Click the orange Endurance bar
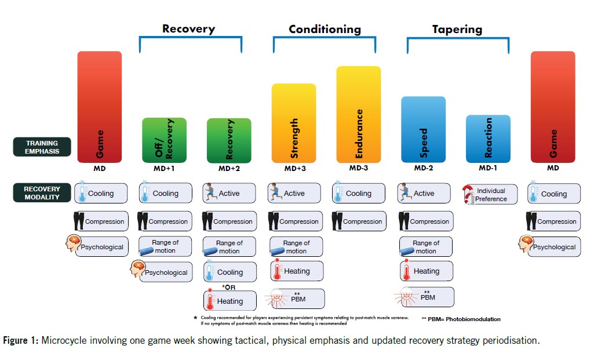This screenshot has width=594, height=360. (359, 114)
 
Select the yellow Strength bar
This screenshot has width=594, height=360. (294, 123)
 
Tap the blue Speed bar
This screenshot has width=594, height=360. (423, 129)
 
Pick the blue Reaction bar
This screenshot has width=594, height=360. (488, 139)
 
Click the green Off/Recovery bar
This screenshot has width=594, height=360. (164, 140)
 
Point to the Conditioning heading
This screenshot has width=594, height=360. (325, 29)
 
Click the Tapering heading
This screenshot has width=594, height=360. (457, 29)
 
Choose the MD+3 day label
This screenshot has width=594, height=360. (294, 168)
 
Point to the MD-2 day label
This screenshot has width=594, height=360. (423, 168)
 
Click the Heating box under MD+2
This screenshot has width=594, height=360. (229, 301)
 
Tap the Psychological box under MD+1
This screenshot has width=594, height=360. (165, 272)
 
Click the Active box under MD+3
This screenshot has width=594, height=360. (294, 194)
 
